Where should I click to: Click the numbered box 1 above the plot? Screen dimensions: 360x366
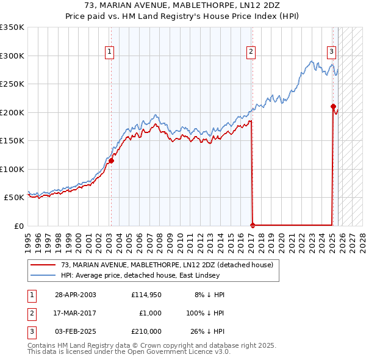(x=109, y=52)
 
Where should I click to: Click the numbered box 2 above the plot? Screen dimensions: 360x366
(x=251, y=52)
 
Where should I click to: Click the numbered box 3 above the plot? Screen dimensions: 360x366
(x=331, y=52)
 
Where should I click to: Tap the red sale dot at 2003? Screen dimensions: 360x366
(x=111, y=161)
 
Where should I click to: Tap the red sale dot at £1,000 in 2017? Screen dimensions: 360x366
(x=252, y=225)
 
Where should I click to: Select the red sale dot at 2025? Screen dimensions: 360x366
(x=333, y=107)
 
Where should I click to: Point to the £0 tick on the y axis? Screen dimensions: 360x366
(x=18, y=226)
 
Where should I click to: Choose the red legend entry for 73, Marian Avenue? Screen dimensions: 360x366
(x=170, y=265)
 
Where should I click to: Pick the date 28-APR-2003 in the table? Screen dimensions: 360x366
(x=75, y=295)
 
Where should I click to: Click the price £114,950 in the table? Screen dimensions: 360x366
(x=146, y=295)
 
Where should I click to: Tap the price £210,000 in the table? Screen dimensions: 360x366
(x=146, y=331)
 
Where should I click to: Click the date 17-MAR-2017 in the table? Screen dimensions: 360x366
(x=75, y=313)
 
